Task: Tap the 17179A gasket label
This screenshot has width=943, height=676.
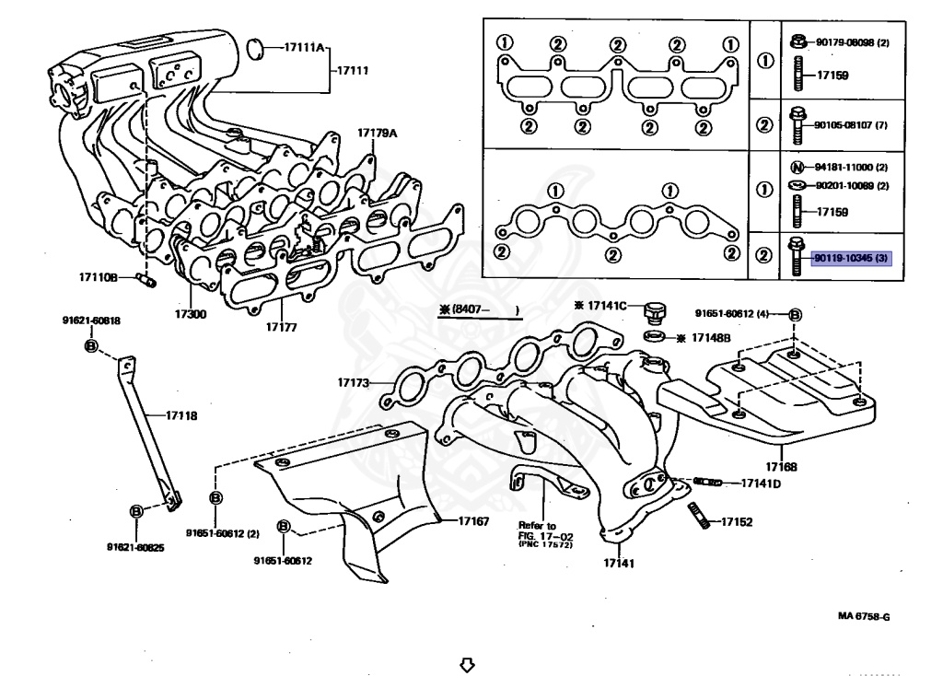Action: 378,134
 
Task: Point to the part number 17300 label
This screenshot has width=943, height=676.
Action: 193,314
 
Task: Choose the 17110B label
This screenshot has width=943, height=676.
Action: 97,276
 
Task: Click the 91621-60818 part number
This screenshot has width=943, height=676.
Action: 91,321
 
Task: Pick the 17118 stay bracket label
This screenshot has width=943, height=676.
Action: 181,415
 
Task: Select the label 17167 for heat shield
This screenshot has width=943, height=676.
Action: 473,521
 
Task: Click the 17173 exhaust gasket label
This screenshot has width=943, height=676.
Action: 353,381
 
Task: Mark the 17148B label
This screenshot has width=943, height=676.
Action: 710,338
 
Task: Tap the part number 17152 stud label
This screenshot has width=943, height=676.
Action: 737,522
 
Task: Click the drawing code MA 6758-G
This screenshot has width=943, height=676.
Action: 864,617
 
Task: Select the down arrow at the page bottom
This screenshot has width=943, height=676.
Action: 467,663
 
